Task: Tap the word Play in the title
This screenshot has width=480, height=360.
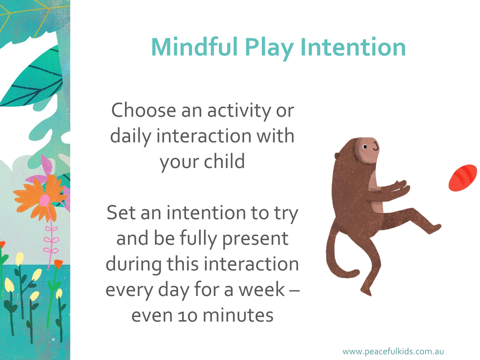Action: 270,48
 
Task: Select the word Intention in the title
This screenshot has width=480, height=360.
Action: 353,48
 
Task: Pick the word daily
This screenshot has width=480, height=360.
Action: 131,137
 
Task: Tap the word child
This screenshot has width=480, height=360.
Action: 224,161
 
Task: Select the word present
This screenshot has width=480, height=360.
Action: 255,240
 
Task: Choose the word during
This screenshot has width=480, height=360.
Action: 134,265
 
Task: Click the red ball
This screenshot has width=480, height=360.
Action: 463,178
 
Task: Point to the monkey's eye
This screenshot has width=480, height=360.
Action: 365,147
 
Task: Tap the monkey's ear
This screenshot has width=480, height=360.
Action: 336,156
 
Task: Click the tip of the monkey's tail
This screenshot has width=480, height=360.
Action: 357,272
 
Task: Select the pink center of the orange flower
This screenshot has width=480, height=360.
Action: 45,200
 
